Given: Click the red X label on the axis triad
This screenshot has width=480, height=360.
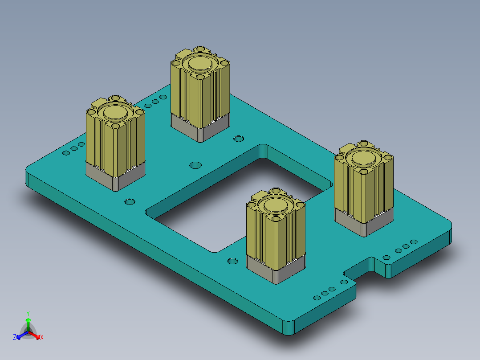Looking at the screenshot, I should (42, 338).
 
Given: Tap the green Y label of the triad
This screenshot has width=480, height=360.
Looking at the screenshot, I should (28, 313).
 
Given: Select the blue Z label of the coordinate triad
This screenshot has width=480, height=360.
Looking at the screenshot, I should (15, 338).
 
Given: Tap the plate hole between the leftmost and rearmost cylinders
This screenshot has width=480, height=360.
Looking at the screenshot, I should (195, 165).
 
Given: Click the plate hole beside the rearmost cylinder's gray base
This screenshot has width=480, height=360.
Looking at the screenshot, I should (239, 138).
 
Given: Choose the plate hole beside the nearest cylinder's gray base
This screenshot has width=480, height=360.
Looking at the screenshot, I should (232, 261).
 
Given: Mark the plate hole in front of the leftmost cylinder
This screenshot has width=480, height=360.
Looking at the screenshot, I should (130, 201).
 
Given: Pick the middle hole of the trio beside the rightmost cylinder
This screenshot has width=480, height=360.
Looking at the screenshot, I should (406, 246).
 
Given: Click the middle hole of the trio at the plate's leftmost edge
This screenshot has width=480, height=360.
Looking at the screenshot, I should (73, 149).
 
